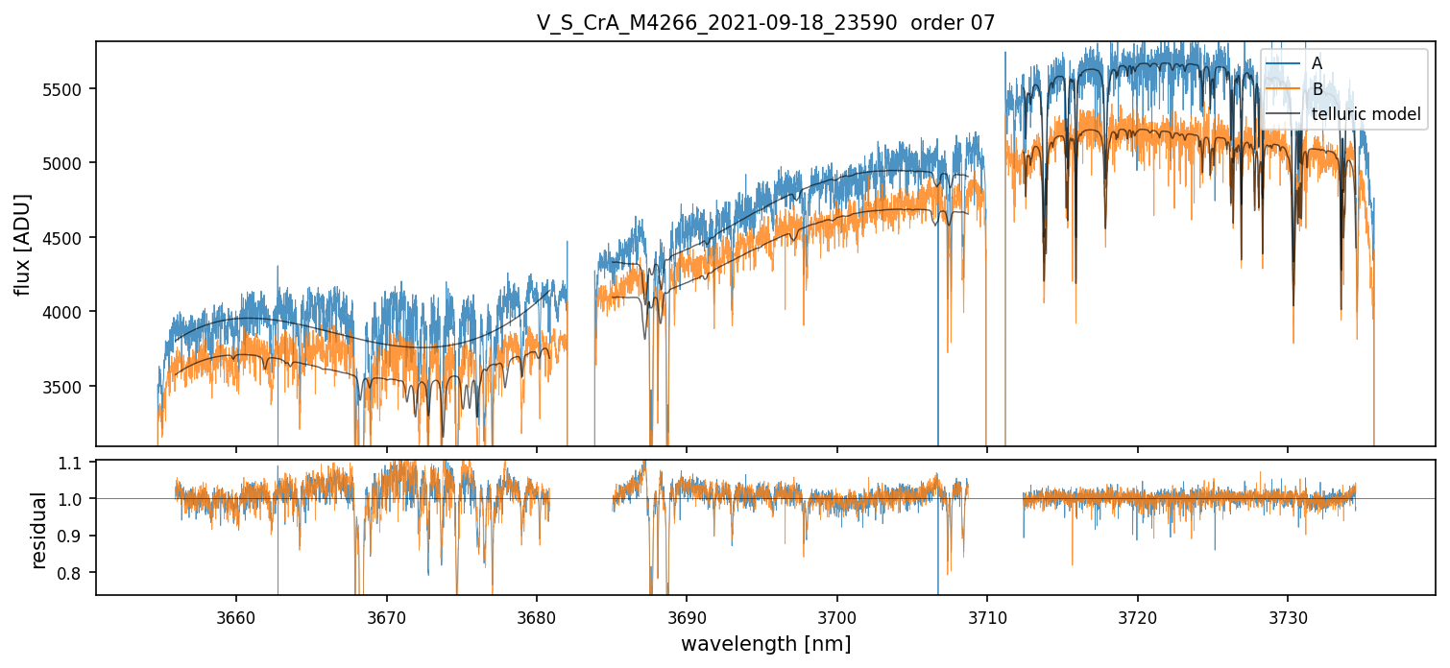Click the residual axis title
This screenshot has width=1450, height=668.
click(x=39, y=530)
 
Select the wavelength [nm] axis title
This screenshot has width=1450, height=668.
click(x=765, y=644)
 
